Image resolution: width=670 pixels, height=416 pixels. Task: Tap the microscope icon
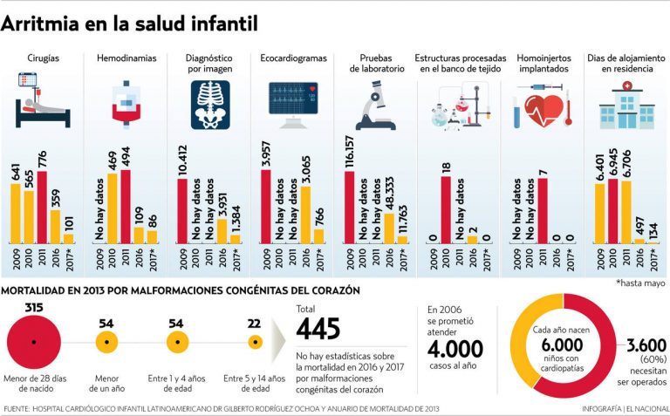coord(374,105)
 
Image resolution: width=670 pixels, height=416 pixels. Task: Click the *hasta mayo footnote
coord(640,283)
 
